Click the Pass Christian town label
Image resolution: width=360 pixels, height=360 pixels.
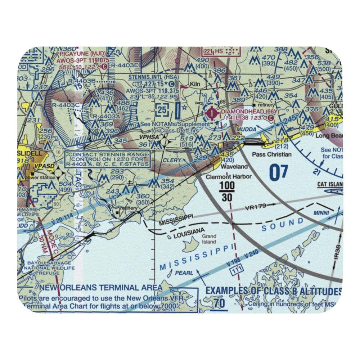click(x=267, y=154)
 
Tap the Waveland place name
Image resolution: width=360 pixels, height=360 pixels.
click(x=234, y=166)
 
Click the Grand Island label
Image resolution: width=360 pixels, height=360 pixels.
click(x=209, y=239)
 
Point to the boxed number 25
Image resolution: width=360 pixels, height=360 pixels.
click(x=163, y=109)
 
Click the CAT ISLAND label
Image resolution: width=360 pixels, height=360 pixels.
click(x=330, y=185)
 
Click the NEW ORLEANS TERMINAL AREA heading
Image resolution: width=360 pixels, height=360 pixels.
click(x=101, y=287)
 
